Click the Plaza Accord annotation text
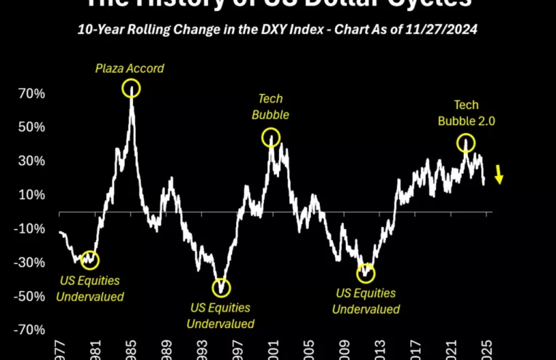click(x=130, y=69)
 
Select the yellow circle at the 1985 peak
click(x=131, y=89)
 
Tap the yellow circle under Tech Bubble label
click(x=270, y=137)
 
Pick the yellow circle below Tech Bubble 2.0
click(x=466, y=143)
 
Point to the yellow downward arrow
click(x=499, y=175)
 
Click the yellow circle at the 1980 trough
click(x=90, y=260)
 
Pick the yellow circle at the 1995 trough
click(x=222, y=288)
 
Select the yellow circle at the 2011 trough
click(x=366, y=273)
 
